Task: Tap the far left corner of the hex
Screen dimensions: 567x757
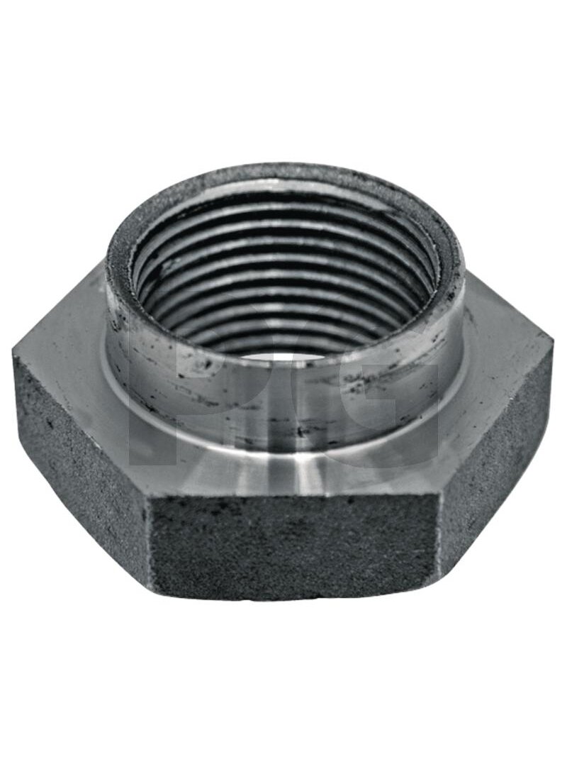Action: [13, 353]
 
